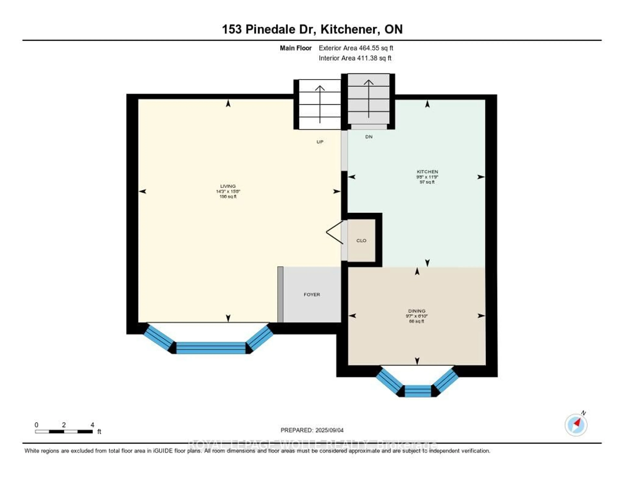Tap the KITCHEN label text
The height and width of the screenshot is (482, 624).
point(427,172)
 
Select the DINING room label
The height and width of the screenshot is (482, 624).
point(417,311)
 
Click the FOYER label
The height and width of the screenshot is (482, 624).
point(312,295)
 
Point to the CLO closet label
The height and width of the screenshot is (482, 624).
point(361,241)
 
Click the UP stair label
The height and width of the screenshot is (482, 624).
point(320,142)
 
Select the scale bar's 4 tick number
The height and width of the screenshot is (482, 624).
point(92,425)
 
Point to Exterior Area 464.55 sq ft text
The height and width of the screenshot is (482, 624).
point(356,48)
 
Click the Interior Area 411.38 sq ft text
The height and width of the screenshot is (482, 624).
point(355,58)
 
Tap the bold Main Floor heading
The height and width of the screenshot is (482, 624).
point(295,48)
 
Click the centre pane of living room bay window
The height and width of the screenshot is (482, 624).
point(211,348)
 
